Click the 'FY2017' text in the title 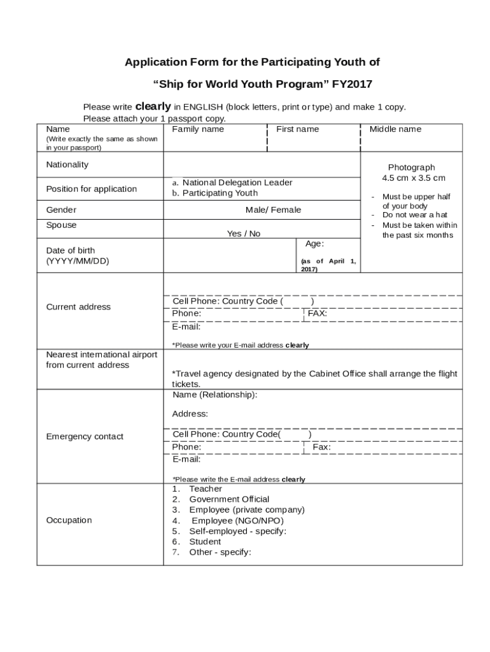(x=352, y=84)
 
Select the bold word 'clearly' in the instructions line (x=153, y=107)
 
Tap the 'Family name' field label (x=198, y=129)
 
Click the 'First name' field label (x=297, y=129)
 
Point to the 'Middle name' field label (x=395, y=129)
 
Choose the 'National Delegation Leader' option (x=237, y=183)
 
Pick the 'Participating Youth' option (x=220, y=193)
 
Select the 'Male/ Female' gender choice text (x=273, y=210)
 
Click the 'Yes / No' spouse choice (x=244, y=234)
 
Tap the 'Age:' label (x=314, y=244)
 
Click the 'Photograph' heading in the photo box (x=411, y=167)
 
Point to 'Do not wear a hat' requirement (x=414, y=215)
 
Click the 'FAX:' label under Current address (x=317, y=313)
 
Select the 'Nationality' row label (x=67, y=164)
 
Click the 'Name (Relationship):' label (x=214, y=395)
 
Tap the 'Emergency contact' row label (x=85, y=436)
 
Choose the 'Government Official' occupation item (x=229, y=499)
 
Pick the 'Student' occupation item (x=205, y=541)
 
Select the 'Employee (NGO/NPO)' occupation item (x=237, y=520)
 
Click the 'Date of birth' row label (x=71, y=250)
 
